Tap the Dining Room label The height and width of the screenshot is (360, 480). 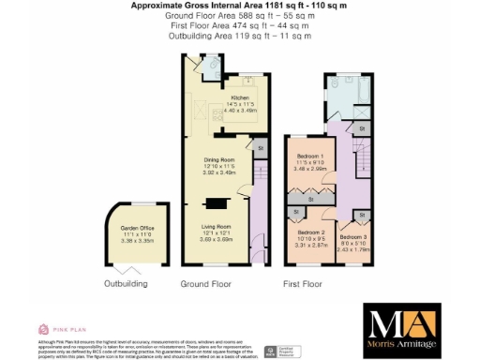pyautogui.click(x=219, y=160)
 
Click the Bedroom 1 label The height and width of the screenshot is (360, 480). pyautogui.click(x=310, y=155)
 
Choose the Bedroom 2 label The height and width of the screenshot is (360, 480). pyautogui.click(x=310, y=232)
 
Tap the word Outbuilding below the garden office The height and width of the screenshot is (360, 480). pyautogui.click(x=126, y=282)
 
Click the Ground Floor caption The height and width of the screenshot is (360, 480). pyautogui.click(x=206, y=282)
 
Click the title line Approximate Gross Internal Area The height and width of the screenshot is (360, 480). pyautogui.click(x=240, y=6)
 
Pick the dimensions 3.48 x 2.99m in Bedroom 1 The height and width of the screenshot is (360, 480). pyautogui.click(x=310, y=169)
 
